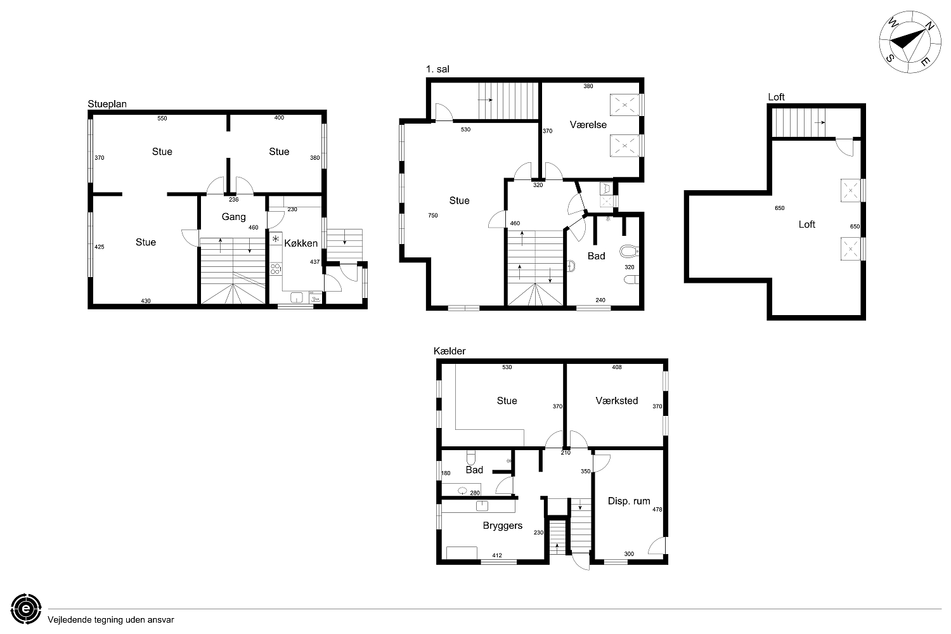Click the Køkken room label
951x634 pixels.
click(x=301, y=243)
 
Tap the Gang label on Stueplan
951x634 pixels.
click(x=233, y=217)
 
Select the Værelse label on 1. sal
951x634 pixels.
click(x=588, y=125)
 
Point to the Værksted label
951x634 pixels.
click(x=616, y=401)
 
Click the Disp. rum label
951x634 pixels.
click(x=629, y=501)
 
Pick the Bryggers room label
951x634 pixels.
click(x=502, y=526)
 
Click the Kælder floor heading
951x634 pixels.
click(x=449, y=351)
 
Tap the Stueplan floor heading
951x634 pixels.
click(x=107, y=105)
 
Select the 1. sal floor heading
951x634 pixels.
click(x=437, y=69)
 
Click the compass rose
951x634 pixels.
click(x=904, y=42)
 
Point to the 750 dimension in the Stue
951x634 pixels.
click(x=432, y=216)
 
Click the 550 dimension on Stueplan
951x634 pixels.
click(x=162, y=119)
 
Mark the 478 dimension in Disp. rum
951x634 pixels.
click(x=657, y=510)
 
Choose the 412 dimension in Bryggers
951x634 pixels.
click(x=497, y=555)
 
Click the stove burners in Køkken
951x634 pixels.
click(x=276, y=269)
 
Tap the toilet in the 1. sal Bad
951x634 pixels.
click(x=629, y=252)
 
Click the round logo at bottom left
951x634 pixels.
click(x=27, y=609)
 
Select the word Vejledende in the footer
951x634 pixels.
click(x=67, y=620)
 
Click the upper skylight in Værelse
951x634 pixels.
click(x=624, y=105)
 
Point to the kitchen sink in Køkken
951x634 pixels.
click(x=296, y=298)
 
